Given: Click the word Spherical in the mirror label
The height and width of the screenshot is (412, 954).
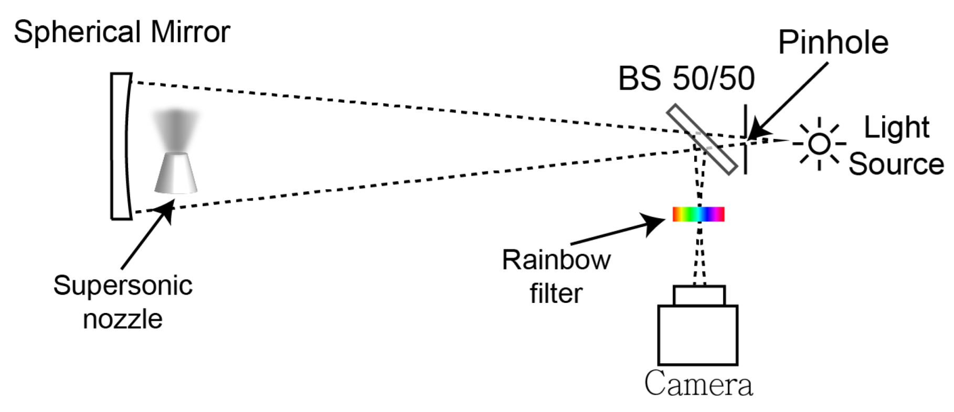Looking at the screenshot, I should [x=79, y=32].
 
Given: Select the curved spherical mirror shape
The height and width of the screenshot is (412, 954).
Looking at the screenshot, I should [x=121, y=146].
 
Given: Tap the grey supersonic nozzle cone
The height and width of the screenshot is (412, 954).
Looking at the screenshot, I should [x=176, y=173].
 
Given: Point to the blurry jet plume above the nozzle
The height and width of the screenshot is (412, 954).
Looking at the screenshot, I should [x=176, y=128].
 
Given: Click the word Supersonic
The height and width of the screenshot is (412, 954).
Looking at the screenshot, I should [x=123, y=286].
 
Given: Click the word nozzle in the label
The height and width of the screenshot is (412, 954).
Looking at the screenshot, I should [x=123, y=319].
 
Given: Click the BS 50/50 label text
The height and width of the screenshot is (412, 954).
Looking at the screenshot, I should [x=686, y=79].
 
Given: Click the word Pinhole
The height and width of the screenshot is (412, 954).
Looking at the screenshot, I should [x=833, y=43].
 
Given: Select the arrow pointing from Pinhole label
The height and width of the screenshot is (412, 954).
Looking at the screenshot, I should [x=787, y=102].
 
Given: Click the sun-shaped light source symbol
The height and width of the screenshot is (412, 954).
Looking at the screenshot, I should [x=819, y=144].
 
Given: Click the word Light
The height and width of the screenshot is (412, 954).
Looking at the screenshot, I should [x=896, y=127].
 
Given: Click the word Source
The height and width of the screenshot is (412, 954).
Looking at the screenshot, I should [x=896, y=164].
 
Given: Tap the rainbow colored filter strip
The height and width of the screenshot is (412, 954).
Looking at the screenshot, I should [x=698, y=214].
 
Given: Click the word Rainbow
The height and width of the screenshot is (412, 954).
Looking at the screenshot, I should [x=556, y=260].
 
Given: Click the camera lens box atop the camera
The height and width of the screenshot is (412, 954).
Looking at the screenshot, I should [x=699, y=296].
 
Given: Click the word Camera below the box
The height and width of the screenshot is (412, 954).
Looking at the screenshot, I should [x=698, y=384].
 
